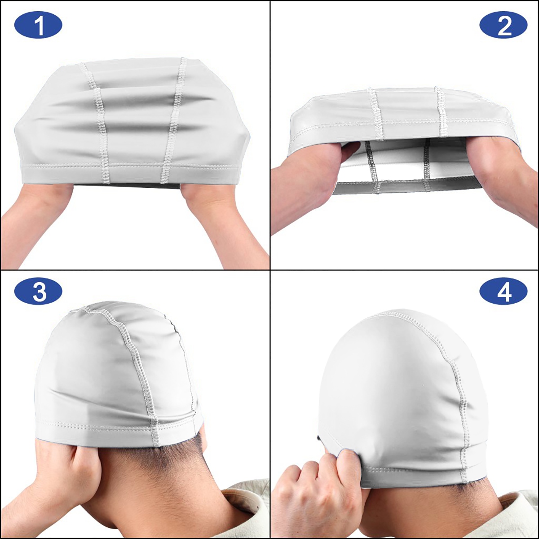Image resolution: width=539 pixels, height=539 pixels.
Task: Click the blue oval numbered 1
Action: [x=38, y=27]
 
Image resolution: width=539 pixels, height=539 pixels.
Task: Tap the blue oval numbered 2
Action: [x=504, y=27]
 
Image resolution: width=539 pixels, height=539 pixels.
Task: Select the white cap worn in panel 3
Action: [x=118, y=375]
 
